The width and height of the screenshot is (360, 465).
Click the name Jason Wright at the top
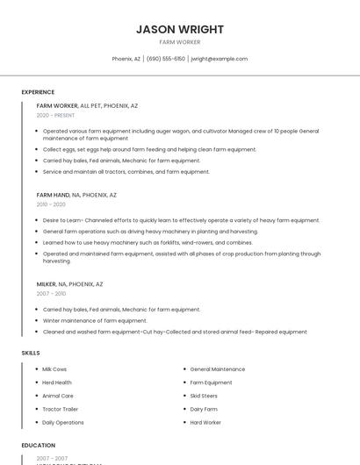[x=180, y=29]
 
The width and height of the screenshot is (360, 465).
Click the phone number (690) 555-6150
[x=166, y=59]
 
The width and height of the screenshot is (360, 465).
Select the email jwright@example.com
[x=219, y=59]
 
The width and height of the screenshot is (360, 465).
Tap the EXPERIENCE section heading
[x=38, y=92]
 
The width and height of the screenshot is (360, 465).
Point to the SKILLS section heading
[x=31, y=353]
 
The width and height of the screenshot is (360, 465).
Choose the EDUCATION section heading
[x=39, y=446]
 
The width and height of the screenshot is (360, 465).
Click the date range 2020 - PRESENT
[x=55, y=115]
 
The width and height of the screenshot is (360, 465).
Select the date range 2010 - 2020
[x=51, y=204]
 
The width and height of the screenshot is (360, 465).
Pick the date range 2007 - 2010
[x=51, y=294]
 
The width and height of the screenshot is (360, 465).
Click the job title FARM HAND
[x=53, y=195]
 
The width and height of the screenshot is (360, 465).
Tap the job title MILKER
[x=47, y=284]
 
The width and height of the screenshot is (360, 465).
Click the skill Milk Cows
[x=54, y=369]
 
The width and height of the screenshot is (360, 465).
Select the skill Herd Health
[x=57, y=383]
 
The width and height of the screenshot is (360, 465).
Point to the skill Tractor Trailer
[x=61, y=409]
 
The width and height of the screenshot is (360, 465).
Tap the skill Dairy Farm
[x=204, y=409]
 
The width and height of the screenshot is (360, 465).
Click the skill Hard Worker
[x=205, y=422]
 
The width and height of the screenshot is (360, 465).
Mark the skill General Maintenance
[x=218, y=369]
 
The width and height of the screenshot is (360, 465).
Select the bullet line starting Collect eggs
[x=149, y=149]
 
